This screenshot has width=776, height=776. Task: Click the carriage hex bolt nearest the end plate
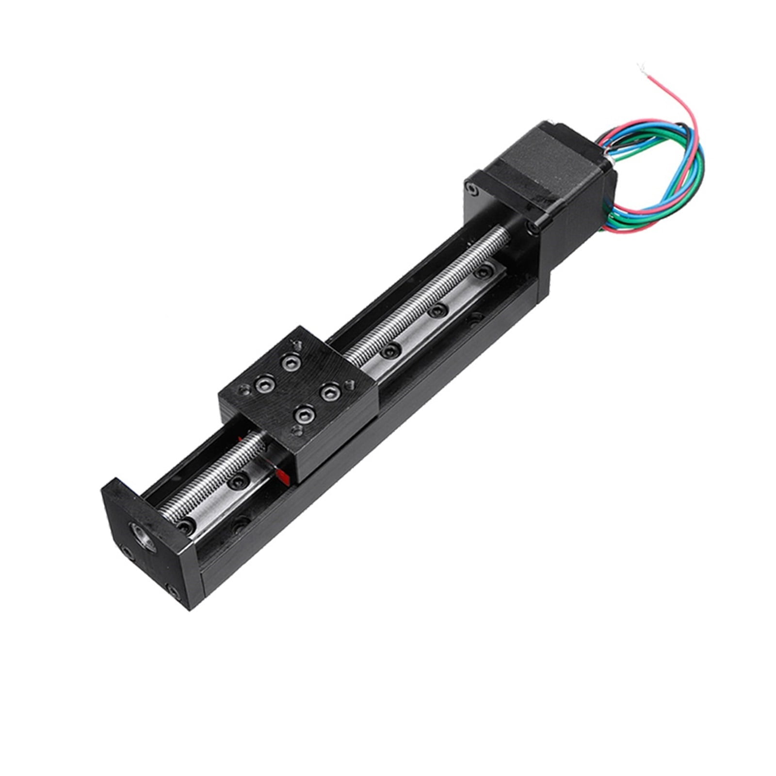pyautogui.click(x=304, y=414)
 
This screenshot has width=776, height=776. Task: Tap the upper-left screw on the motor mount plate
pyautogui.click(x=469, y=186)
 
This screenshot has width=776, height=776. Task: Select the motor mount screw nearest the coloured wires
pyautogui.click(x=534, y=226)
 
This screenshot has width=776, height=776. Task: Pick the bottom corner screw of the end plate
pyautogui.click(x=172, y=590)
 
